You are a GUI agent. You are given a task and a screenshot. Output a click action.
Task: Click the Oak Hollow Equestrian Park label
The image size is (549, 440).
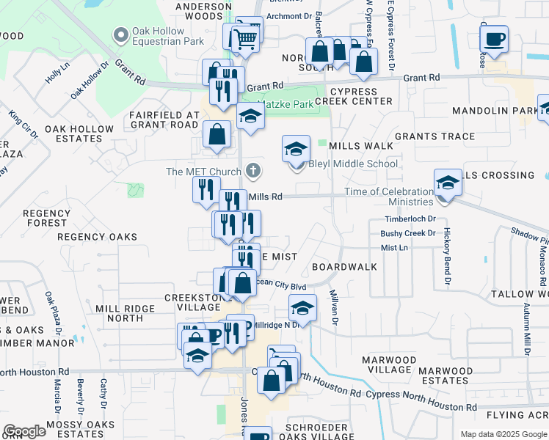(167, 36)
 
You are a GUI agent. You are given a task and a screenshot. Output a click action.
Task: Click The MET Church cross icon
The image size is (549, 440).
(253, 172)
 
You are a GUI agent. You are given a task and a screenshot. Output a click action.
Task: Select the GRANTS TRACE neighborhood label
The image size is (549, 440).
(435, 136)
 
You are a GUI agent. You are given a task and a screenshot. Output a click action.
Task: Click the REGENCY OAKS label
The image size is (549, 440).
(98, 237)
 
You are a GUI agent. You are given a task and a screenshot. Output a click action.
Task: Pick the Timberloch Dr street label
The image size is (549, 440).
(410, 219)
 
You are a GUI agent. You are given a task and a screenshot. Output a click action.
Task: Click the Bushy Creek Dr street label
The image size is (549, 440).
(408, 233)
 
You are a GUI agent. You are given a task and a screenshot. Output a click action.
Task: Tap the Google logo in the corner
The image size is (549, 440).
(24, 431)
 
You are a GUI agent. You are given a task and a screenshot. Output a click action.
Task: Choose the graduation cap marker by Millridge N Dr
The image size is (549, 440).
(301, 307)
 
